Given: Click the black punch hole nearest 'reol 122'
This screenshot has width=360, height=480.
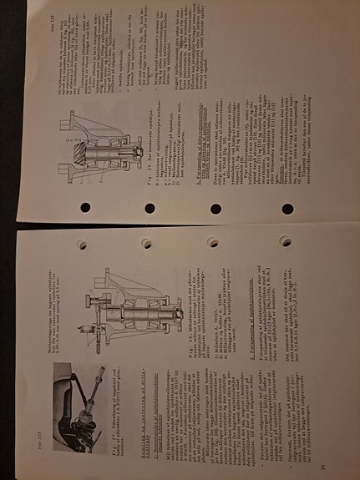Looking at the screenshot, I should (287, 209).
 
